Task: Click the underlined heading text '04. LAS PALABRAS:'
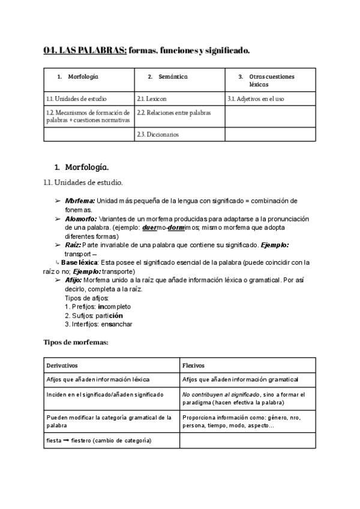[85, 50]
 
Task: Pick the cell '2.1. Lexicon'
[152, 98]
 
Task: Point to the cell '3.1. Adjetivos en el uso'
[256, 98]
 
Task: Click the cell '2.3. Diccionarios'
[158, 134]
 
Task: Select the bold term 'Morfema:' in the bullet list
[80, 200]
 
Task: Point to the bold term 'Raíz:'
[73, 245]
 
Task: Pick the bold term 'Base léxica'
[80, 262]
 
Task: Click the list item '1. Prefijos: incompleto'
[97, 307]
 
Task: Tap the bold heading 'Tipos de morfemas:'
[76, 342]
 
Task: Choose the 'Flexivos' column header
[193, 365]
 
